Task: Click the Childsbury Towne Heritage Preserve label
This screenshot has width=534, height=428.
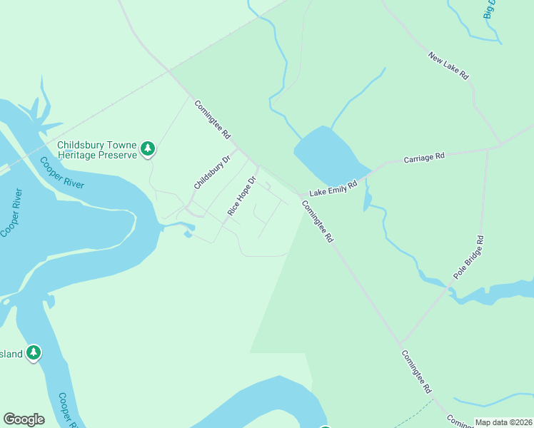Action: [97, 148]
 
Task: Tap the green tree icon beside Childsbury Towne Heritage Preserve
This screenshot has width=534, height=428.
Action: [148, 148]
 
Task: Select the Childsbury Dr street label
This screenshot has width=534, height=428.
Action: [212, 173]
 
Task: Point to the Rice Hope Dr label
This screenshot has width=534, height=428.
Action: [241, 196]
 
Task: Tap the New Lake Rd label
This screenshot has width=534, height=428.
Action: [448, 65]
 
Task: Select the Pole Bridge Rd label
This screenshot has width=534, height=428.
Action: [469, 257]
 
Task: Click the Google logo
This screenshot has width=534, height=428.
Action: [24, 419]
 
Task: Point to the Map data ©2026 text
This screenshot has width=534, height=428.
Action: [503, 422]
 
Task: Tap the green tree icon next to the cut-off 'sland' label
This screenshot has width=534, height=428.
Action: [34, 352]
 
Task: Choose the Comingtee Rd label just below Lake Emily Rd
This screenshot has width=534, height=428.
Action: [317, 222]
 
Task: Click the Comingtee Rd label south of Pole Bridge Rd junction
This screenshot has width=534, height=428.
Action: [416, 372]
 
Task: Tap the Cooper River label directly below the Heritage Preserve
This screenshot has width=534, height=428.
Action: [62, 173]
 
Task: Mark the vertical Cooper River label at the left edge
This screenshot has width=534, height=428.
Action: [11, 213]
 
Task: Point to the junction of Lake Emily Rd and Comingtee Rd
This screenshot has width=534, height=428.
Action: [301, 195]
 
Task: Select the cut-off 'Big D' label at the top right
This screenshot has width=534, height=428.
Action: [489, 9]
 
